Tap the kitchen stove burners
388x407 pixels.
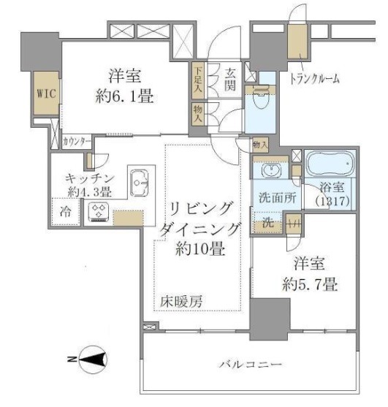coord(99,213)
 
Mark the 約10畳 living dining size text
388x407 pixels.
coord(198,248)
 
